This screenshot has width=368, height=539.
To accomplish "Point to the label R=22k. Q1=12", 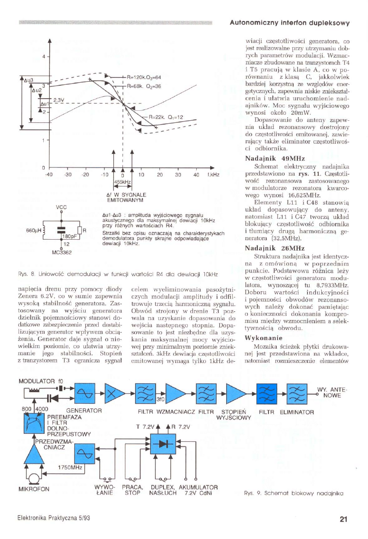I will [166, 117].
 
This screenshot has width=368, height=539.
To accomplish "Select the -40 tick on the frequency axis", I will [49, 174].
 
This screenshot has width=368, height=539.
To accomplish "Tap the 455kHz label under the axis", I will [122, 182].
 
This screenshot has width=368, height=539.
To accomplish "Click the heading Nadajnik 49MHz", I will [269, 158].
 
